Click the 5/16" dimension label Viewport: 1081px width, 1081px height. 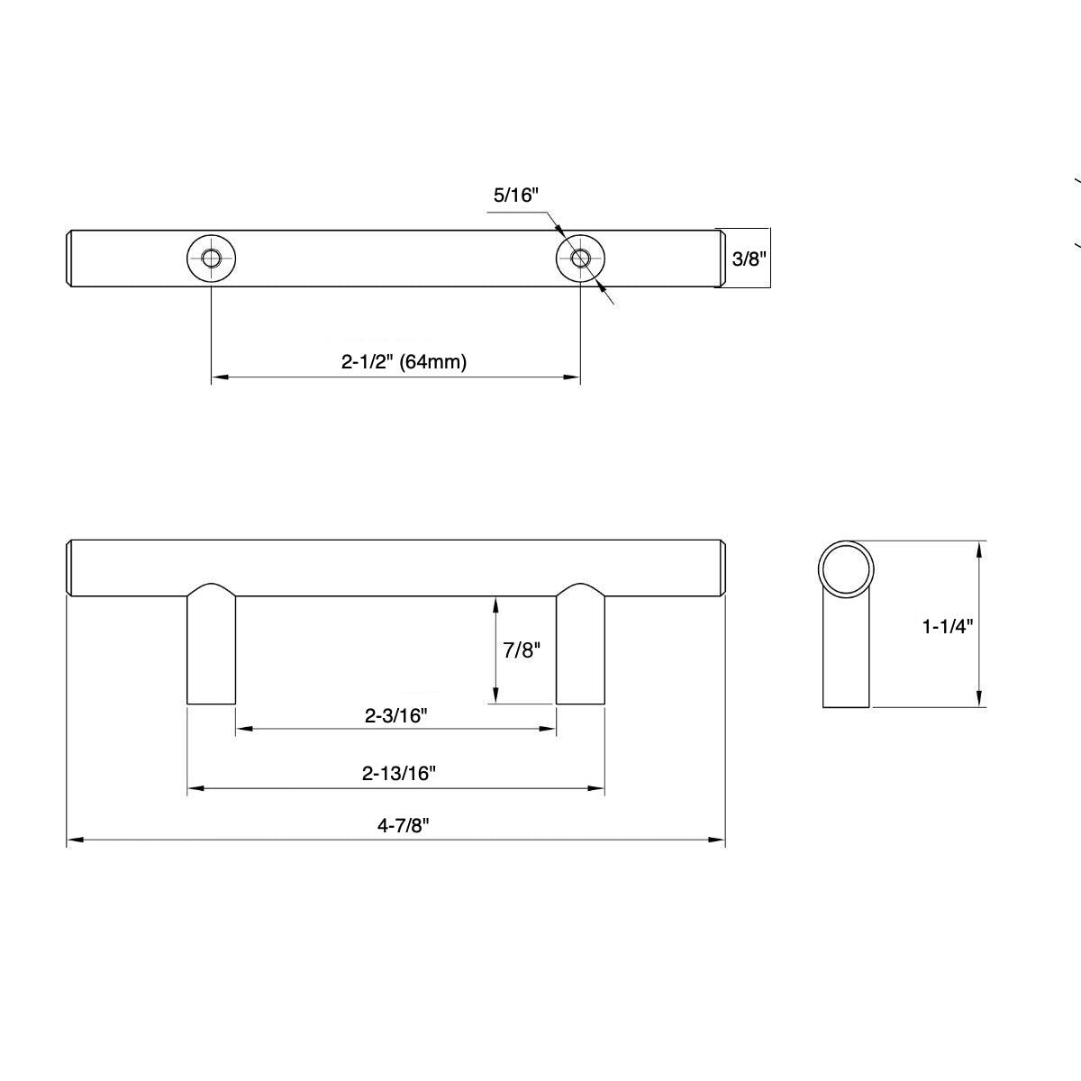click(x=515, y=195)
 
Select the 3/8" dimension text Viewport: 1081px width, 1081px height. click(x=748, y=259)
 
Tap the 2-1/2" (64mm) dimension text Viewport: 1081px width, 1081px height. click(x=404, y=362)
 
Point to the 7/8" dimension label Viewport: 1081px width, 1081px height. click(x=520, y=650)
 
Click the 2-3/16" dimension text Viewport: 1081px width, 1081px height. click(x=395, y=716)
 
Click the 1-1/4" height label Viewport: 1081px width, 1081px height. click(x=948, y=626)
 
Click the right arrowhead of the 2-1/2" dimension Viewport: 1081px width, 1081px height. click(x=573, y=378)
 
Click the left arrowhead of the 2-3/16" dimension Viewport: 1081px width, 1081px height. click(x=241, y=729)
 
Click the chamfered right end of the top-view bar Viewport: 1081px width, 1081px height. click(x=721, y=259)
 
